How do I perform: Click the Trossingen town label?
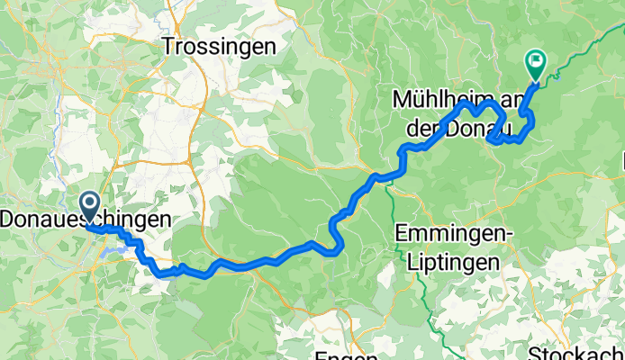coord(220,48)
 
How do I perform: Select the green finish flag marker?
coord(536,63)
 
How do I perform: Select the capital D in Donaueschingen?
coord(9,220)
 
